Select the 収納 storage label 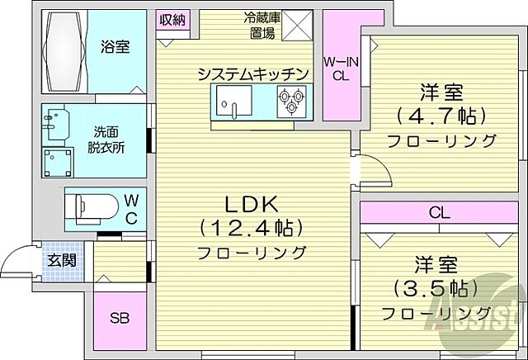172,19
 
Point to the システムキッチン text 252,75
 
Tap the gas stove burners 291,102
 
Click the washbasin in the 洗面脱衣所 56,124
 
